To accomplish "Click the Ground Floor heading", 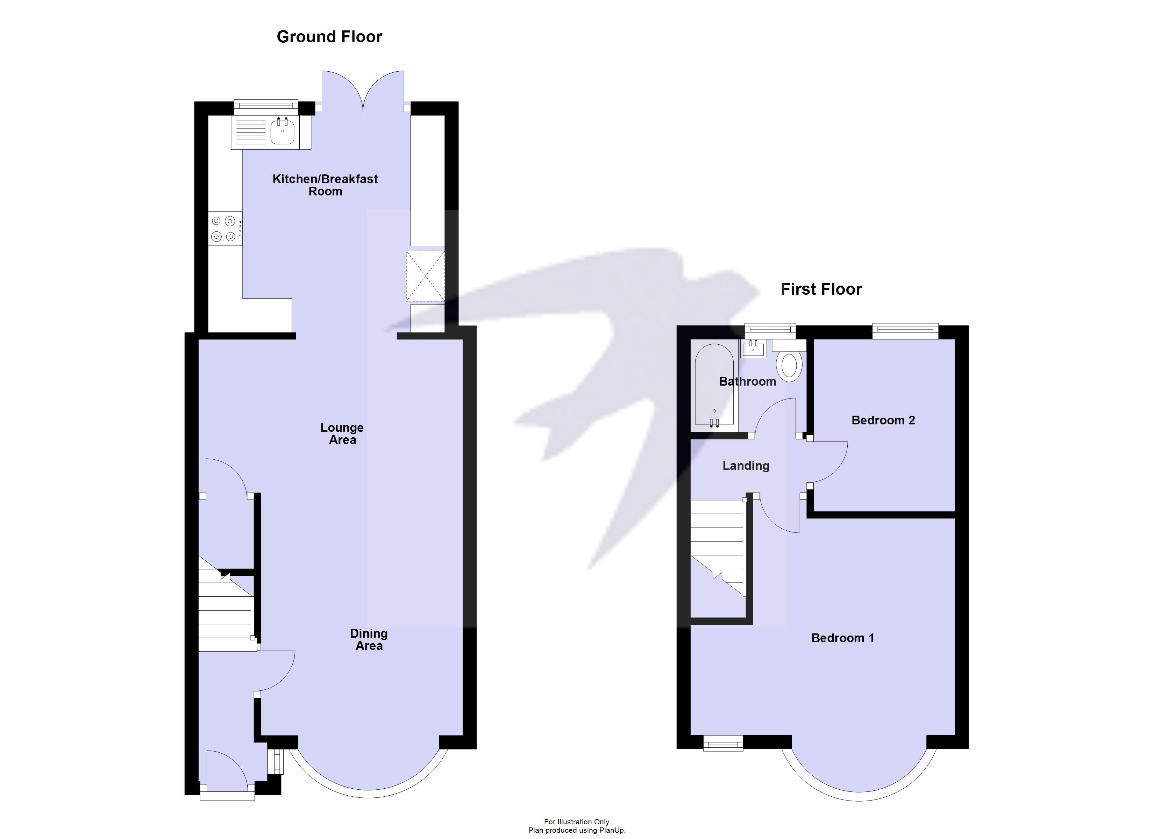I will coord(329,37).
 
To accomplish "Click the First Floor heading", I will coord(821,289).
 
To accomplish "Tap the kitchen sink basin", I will coord(283,132).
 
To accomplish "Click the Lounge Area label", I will coord(342,433).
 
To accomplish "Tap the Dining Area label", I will coord(369,639).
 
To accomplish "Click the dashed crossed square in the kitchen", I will coord(425,276).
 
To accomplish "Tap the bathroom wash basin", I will coord(753,349).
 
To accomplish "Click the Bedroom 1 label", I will coord(843,638).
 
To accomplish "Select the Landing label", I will coord(746,466).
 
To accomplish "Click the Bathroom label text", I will coord(747,382).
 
